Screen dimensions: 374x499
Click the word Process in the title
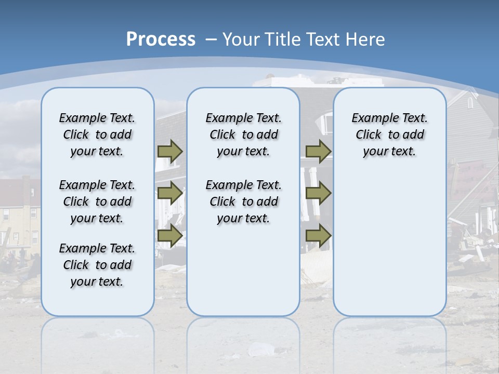161,39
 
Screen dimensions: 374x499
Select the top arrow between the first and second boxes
170,151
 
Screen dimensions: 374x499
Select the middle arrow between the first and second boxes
170,193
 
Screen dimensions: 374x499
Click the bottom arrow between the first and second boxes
170,235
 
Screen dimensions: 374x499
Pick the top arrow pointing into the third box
318,151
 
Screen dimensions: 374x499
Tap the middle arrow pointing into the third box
318,193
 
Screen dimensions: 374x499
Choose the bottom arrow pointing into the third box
318,235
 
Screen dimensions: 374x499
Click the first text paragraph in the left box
97,135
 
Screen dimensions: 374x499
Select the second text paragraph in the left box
97,202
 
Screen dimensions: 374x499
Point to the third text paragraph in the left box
97,265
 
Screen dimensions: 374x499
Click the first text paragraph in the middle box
243,135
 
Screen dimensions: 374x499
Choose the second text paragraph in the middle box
243,202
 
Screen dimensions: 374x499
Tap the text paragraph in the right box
389,135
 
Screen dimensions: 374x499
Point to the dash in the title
211,39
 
